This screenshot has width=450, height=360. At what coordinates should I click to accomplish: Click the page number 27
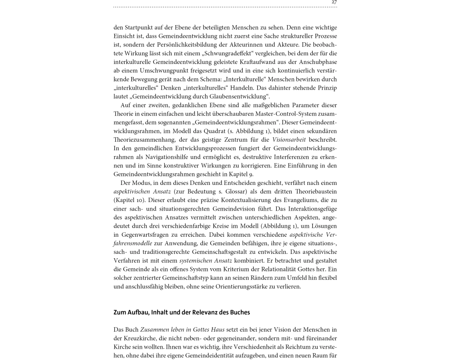click(x=334, y=2)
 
